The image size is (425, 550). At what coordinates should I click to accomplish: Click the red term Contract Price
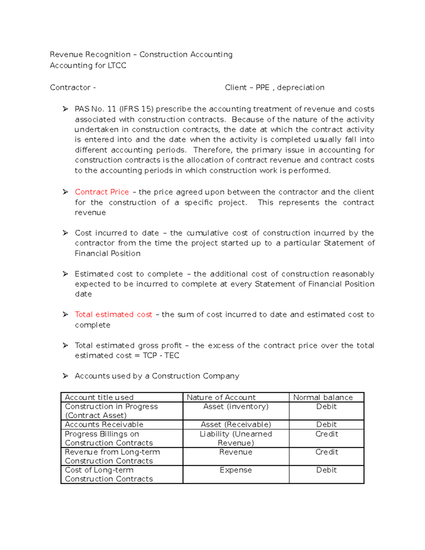pyautogui.click(x=102, y=192)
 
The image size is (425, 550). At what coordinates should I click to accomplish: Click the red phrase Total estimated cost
pyautogui.click(x=113, y=314)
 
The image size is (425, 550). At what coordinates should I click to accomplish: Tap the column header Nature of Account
pyautogui.click(x=221, y=397)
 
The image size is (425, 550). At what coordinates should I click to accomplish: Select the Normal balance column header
pyautogui.click(x=323, y=397)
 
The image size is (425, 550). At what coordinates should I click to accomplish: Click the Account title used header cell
pyautogui.click(x=99, y=397)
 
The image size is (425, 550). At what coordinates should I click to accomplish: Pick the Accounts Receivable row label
pyautogui.click(x=104, y=424)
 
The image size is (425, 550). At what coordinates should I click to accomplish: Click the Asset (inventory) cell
pyautogui.click(x=236, y=407)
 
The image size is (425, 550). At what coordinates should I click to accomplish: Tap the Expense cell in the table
pyautogui.click(x=236, y=470)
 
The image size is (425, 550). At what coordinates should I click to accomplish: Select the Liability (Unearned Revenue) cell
pyautogui.click(x=236, y=438)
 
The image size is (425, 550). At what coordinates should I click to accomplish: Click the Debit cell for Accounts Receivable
pyautogui.click(x=326, y=424)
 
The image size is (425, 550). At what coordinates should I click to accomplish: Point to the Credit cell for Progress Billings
pyautogui.click(x=327, y=434)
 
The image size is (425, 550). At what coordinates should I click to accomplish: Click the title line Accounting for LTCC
pyautogui.click(x=88, y=66)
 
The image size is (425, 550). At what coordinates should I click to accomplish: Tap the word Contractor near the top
pyautogui.click(x=70, y=87)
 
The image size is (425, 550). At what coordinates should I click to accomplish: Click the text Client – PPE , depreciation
pyautogui.click(x=274, y=87)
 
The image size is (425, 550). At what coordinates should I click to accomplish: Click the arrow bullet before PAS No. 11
pyautogui.click(x=65, y=109)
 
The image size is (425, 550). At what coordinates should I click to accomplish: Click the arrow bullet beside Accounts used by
pyautogui.click(x=65, y=376)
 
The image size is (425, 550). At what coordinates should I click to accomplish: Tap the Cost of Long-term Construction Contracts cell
pyautogui.click(x=109, y=475)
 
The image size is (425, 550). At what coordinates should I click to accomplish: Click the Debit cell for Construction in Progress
pyautogui.click(x=326, y=407)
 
